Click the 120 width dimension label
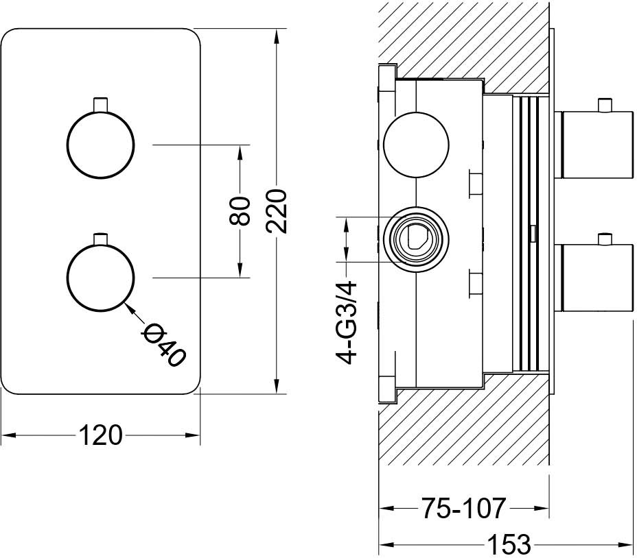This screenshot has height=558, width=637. coord(100,435)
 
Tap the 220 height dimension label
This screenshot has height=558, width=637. coord(277,210)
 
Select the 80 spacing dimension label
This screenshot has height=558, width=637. coord(240,211)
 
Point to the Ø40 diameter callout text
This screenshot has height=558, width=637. coord(163,345)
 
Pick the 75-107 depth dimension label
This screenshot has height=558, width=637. coord(463,508)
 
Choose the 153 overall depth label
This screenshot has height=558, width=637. coord(509,544)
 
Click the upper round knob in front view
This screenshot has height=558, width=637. coord(100,145)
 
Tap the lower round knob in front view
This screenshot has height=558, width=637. coord(100,278)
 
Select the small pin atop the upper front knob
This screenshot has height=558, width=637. coord(100,104)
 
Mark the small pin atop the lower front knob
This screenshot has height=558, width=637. coord(100,239)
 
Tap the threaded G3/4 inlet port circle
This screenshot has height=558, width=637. coord(416,239)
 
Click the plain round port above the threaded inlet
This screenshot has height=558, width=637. coord(416,145)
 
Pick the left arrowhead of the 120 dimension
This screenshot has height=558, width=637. coord(8,435)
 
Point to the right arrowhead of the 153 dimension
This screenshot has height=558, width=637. coord(625,544)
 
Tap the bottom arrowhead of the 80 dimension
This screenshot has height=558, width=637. coord(240,271)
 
